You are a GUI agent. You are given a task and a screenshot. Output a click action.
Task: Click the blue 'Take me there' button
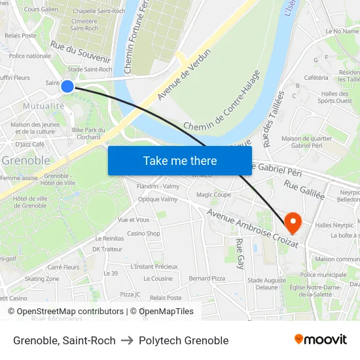point(179,160)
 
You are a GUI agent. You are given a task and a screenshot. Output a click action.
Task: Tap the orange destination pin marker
point(293,223)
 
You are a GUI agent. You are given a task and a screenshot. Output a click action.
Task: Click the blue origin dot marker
point(67,86)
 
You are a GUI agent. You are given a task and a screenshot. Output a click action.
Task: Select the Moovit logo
point(321,339)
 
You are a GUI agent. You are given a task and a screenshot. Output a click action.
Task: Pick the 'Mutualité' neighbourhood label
point(44,105)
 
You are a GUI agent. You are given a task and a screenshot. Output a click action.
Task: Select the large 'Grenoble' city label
point(26,160)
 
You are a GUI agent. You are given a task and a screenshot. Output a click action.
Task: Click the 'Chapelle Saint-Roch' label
point(99,11)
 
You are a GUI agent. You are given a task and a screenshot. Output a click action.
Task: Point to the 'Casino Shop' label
point(143,233)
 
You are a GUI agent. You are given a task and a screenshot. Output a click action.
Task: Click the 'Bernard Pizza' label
point(206,278)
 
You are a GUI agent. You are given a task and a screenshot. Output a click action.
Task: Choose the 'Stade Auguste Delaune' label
point(266,283)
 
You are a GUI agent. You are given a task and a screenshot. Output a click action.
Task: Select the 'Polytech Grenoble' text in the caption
point(183,340)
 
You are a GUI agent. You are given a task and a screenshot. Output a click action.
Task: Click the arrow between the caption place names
point(126,340)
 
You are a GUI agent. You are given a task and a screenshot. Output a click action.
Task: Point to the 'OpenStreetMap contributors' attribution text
point(58,312)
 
